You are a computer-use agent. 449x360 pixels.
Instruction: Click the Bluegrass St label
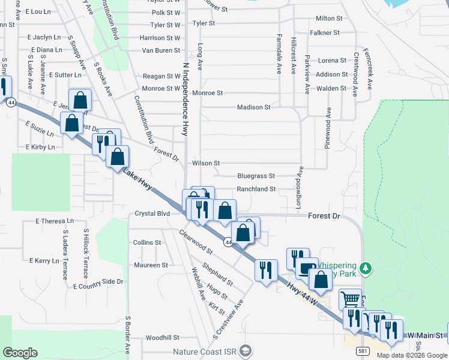pos(256,176)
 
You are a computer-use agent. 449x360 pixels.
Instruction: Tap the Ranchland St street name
pos(256,189)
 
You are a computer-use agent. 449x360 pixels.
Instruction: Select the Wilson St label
pos(206,163)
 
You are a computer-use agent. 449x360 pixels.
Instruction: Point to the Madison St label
pos(253,107)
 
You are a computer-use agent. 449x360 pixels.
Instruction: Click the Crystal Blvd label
pos(152,214)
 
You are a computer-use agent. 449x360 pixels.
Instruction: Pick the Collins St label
pos(147,243)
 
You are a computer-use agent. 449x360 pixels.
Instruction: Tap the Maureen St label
pos(151,265)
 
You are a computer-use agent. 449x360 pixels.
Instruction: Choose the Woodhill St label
pos(163,338)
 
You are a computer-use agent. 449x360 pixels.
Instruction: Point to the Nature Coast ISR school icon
pos(245,350)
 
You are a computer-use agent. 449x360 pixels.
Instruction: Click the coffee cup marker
pos(307,267)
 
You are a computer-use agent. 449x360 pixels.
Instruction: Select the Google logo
pos(20,353)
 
